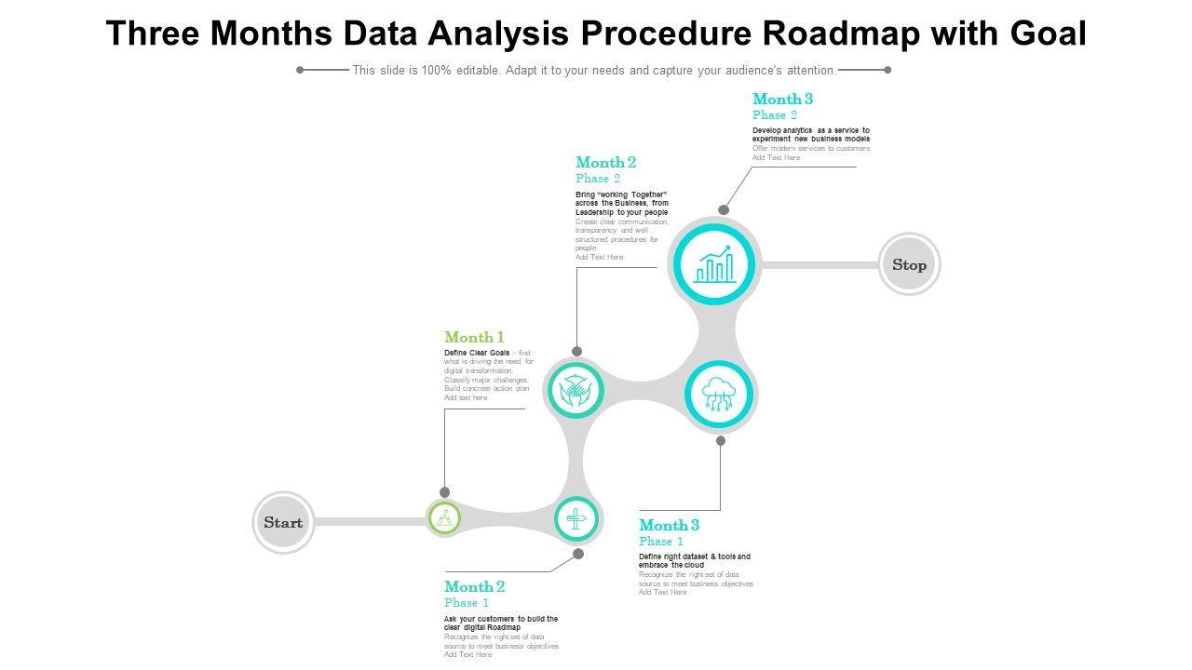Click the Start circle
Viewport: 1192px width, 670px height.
[283, 522]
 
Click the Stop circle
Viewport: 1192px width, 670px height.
[910, 264]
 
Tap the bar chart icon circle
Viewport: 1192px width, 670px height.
[715, 264]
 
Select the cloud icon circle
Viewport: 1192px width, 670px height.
[719, 395]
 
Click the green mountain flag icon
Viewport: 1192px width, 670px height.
[444, 517]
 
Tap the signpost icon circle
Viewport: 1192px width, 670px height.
[576, 518]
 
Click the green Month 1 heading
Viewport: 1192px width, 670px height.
[474, 337]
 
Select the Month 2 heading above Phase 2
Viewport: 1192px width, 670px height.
[605, 162]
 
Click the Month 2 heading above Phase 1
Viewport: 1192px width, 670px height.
[474, 586]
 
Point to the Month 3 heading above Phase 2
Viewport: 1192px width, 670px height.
[782, 99]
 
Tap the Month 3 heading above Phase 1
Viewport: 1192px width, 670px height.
[669, 525]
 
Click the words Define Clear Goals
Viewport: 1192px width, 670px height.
[477, 353]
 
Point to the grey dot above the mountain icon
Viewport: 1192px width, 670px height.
[445, 492]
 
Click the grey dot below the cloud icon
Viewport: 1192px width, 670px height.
[721, 441]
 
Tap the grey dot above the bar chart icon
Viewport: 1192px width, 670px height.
[724, 210]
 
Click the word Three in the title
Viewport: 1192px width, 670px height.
[154, 33]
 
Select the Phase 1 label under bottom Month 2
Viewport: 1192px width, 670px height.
[466, 603]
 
